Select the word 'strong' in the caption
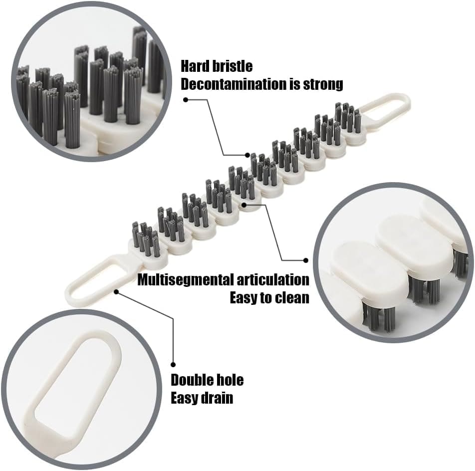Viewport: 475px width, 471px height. [323, 84]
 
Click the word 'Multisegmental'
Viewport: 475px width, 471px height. [188, 279]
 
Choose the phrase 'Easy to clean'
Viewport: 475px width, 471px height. [269, 298]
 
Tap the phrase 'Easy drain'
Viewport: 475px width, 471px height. [202, 398]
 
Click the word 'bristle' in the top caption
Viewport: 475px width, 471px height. [236, 66]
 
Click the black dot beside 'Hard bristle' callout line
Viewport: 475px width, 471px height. [186, 99]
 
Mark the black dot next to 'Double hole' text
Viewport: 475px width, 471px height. [173, 365]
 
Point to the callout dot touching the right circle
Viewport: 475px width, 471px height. [306, 259]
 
